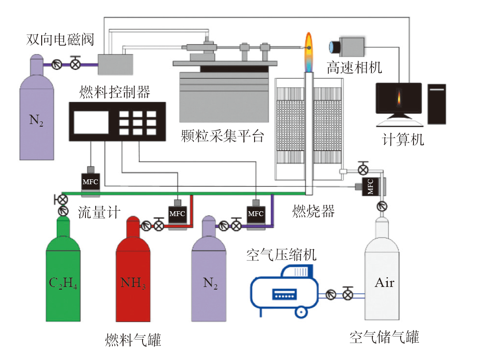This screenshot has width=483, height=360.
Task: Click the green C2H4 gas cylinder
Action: click(x=63, y=279)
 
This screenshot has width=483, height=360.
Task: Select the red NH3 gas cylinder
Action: click(x=133, y=279)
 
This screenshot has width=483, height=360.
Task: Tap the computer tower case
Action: click(x=437, y=104)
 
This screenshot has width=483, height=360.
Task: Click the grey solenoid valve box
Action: click(x=116, y=64)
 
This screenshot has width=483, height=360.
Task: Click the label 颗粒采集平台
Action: click(x=222, y=136)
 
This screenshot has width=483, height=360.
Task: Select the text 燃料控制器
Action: click(x=115, y=93)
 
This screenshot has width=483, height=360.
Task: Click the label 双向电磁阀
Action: click(x=60, y=39)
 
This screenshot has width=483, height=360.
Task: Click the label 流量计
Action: click(x=99, y=212)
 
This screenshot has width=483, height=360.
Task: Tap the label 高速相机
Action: click(x=354, y=68)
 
